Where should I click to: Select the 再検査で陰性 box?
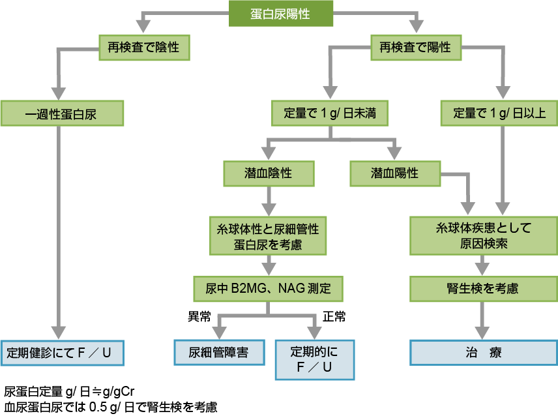(x=143, y=48)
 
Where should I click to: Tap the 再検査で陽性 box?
(x=415, y=48)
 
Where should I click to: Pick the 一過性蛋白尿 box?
(x=61, y=114)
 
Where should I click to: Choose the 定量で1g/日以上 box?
(x=500, y=114)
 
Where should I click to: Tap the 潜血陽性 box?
(x=395, y=173)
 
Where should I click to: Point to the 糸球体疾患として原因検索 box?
(x=483, y=236)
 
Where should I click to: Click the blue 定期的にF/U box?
(x=315, y=359)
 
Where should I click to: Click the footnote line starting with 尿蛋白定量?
(x=69, y=392)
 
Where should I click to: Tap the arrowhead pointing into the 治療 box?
(x=483, y=332)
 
